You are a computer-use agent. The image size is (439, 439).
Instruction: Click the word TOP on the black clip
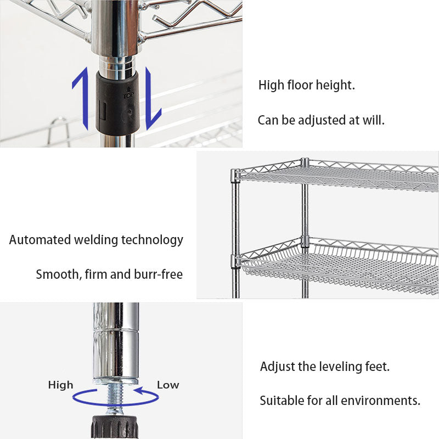tap(128, 94)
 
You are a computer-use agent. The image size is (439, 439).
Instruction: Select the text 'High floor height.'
tap(307, 86)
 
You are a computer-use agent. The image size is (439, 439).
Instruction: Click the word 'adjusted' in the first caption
tap(320, 120)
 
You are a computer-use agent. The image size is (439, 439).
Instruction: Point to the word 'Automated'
tap(40, 240)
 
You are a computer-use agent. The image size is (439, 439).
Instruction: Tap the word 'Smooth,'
tap(58, 274)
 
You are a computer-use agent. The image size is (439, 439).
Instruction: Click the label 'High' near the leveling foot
tap(60, 385)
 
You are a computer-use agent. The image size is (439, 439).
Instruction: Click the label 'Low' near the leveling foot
tap(168, 385)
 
